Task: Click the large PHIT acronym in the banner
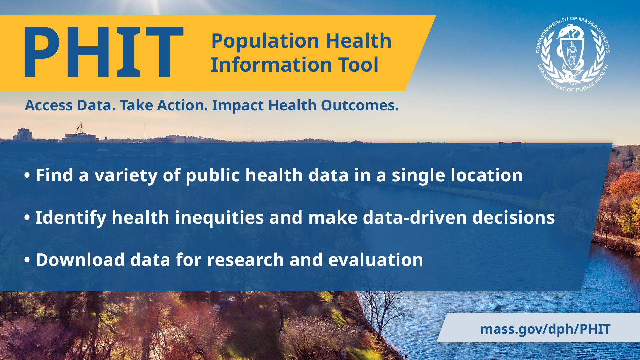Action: [x=104, y=52]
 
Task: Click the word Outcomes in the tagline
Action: [x=360, y=106]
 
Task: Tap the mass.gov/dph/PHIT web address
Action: [x=545, y=329]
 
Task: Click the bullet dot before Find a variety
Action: [x=27, y=175]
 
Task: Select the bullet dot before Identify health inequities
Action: [x=27, y=218]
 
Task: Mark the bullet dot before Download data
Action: [x=27, y=260]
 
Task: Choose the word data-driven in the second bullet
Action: [x=415, y=218]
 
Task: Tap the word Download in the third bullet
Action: [x=80, y=260]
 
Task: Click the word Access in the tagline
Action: [x=49, y=106]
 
